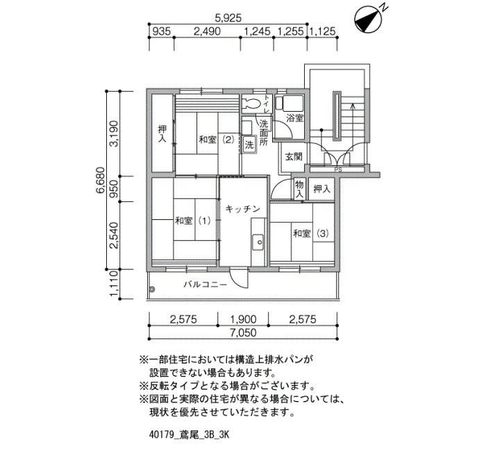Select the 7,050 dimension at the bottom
pyautogui.click(x=243, y=333)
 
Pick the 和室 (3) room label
pyautogui.click(x=310, y=233)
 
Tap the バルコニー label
pyautogui.click(x=205, y=284)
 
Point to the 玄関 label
pyautogui.click(x=292, y=157)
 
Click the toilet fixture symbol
pyautogui.click(x=251, y=105)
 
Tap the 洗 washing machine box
pyautogui.click(x=249, y=146)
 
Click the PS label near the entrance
pyautogui.click(x=338, y=169)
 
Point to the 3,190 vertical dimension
pyautogui.click(x=115, y=133)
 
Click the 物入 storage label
pyautogui.click(x=299, y=189)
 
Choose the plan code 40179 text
pyautogui.click(x=162, y=436)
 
